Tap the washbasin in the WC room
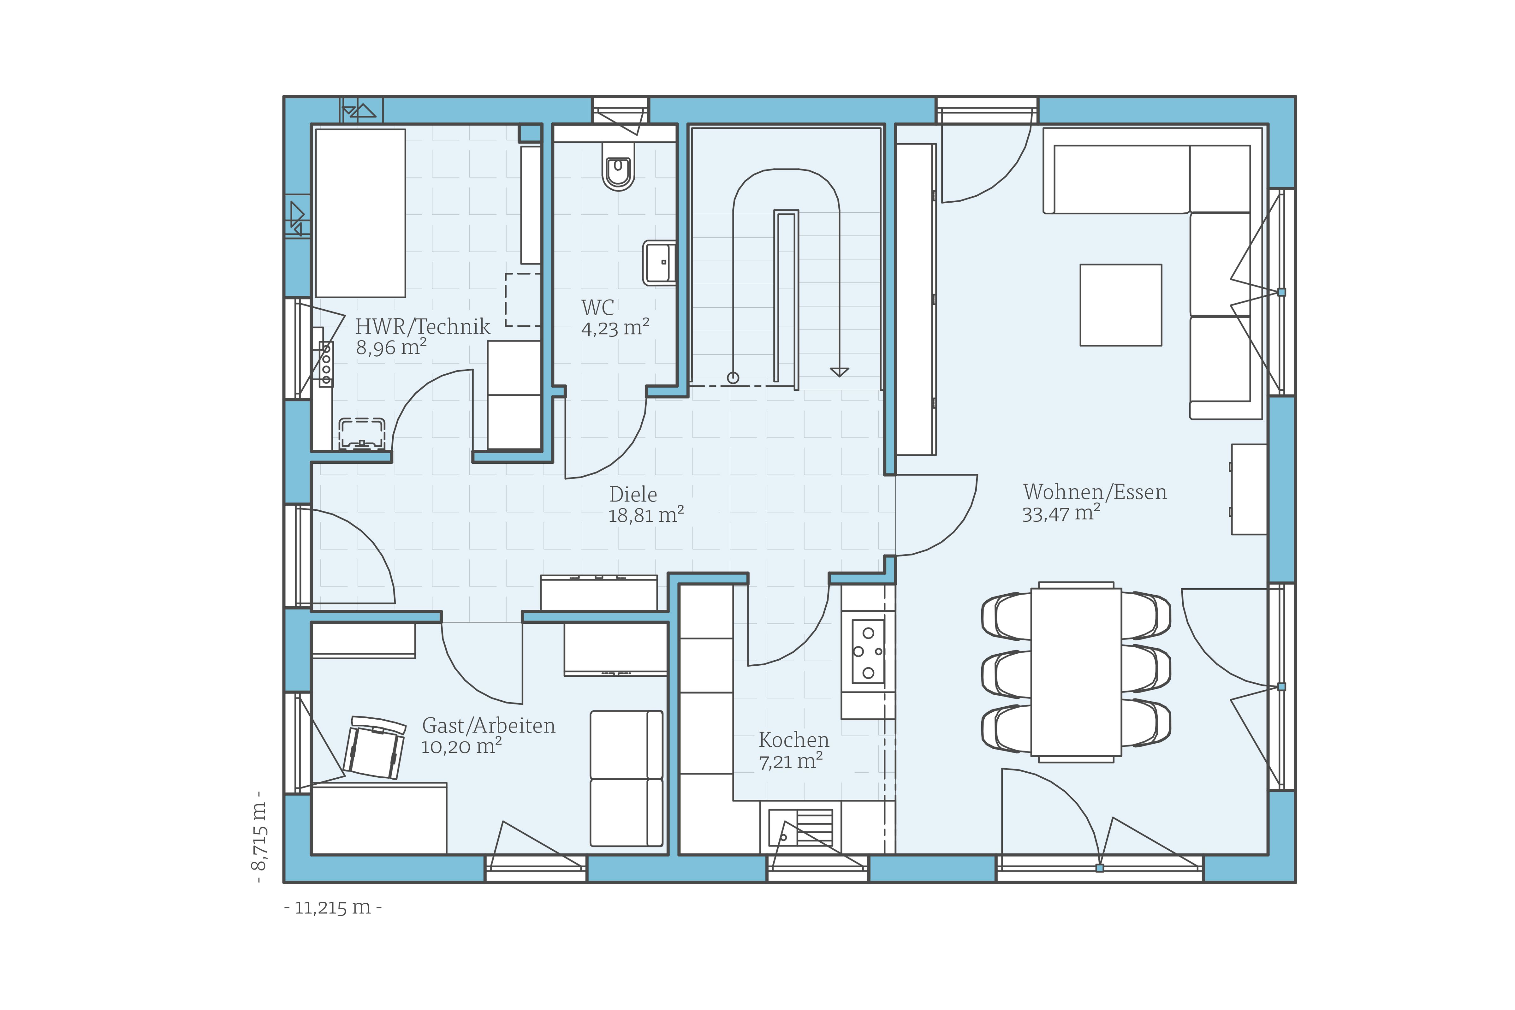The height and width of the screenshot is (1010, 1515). pos(659,263)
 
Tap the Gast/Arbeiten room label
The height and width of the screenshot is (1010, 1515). pos(488,726)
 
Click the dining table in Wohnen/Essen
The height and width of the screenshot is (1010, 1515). pos(1076,671)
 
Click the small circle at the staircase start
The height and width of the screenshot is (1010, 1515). pos(733,378)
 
